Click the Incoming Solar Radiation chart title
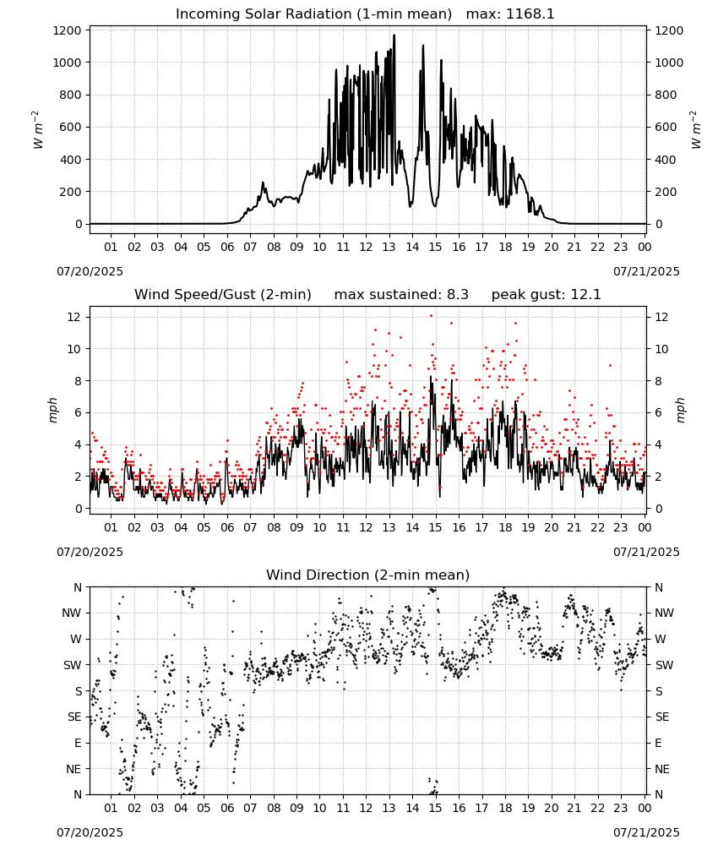point(313,14)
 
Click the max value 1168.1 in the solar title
point(530,14)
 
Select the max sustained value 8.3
point(458,295)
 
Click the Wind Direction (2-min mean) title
point(368,575)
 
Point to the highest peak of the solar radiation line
point(394,35)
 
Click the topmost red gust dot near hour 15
point(431,316)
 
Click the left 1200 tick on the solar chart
point(68,30)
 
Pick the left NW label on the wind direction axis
point(72,613)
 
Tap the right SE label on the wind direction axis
point(662,717)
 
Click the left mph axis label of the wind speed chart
point(52,410)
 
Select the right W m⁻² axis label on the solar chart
point(696,130)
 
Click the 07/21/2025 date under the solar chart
point(646,271)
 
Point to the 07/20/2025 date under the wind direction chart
point(90,832)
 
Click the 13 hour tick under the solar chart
point(389,248)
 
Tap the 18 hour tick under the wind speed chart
point(505,527)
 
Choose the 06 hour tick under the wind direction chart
point(227,809)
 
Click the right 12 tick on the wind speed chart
point(661,318)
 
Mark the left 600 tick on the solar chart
point(71,128)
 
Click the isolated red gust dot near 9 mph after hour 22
point(610,365)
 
